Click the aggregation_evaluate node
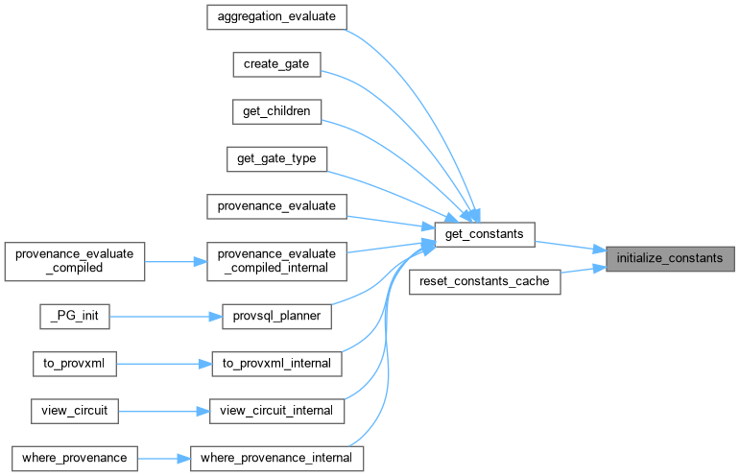point(276,16)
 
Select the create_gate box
point(276,63)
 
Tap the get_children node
point(276,110)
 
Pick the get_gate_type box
point(276,158)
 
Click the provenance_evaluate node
point(276,205)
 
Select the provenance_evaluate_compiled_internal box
point(276,261)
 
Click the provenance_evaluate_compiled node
point(74,261)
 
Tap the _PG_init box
point(74,316)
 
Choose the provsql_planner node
point(276,316)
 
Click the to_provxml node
point(74,364)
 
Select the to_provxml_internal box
point(276,364)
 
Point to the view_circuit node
point(74,411)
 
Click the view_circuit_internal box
point(276,411)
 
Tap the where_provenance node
point(74,458)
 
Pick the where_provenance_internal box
point(276,458)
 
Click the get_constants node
point(484,234)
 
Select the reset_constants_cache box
point(484,281)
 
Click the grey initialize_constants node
point(669,258)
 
